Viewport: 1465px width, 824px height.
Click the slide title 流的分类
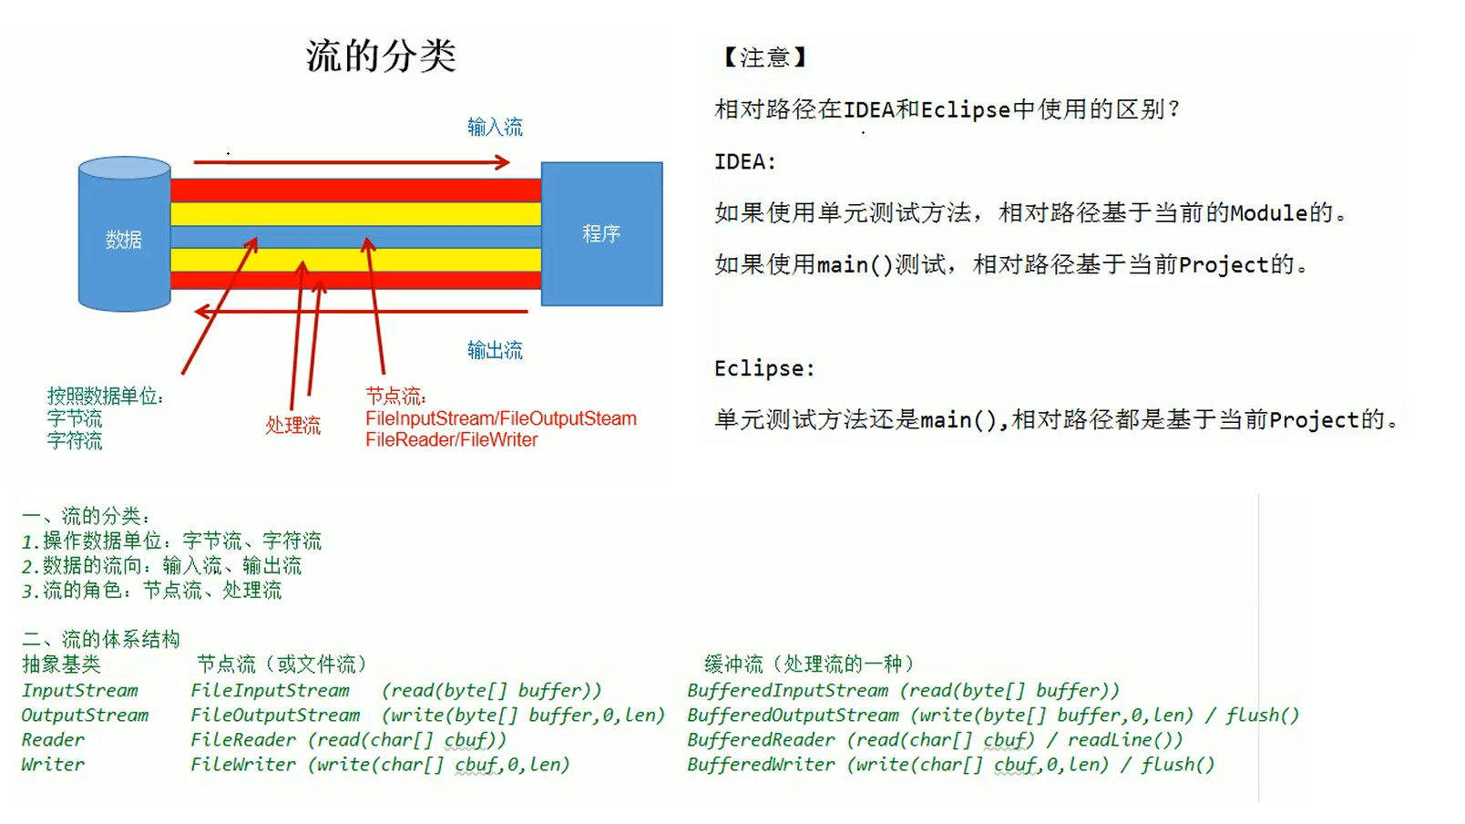381,57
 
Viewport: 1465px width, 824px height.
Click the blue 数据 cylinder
124,239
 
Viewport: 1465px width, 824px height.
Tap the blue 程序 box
601,234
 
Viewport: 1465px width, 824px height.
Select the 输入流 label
495,127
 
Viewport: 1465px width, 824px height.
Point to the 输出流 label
495,350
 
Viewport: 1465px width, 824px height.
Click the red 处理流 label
292,426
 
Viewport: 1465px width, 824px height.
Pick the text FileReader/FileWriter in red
451,440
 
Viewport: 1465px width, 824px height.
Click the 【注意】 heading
764,57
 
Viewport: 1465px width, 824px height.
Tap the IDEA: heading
744,162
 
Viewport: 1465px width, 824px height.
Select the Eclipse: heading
763,368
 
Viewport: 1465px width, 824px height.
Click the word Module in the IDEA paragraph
1269,213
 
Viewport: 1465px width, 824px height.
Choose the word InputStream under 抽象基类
79,691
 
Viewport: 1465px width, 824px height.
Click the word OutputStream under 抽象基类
85,716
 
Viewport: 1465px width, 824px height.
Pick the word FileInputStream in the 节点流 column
270,691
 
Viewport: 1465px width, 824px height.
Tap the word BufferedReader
761,740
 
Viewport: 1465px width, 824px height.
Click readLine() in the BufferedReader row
1124,740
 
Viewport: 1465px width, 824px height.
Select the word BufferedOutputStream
793,716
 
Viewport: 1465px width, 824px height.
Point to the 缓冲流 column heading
733,664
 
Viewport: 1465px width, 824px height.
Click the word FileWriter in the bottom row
242,765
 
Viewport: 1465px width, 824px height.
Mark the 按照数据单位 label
105,397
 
